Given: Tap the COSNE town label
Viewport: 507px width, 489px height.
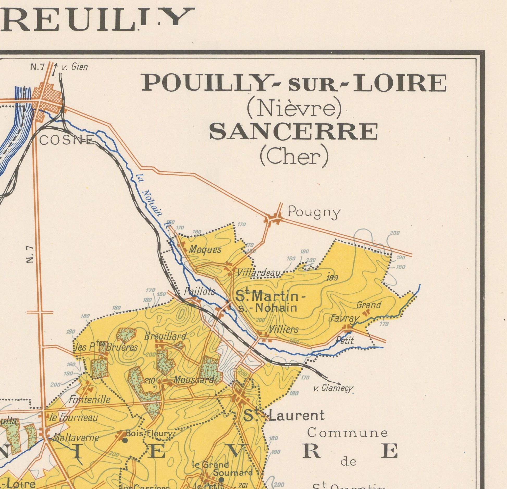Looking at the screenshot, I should [x=67, y=141].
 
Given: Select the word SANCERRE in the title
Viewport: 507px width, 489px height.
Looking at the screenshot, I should [x=294, y=132].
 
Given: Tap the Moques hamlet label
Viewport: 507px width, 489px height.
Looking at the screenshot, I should [x=205, y=250].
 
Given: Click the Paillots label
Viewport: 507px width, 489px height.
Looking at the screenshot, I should [x=199, y=291].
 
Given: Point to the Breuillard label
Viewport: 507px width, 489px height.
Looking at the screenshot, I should [x=165, y=336].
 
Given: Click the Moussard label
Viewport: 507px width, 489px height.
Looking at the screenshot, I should [x=194, y=380].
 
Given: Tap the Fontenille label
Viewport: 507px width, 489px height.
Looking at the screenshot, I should [x=89, y=399].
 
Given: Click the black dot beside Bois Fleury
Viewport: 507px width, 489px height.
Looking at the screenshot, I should [x=125, y=440].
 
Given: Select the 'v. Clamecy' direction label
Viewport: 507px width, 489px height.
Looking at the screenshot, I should [x=333, y=389].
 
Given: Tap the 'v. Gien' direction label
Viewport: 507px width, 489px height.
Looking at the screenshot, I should [x=74, y=67].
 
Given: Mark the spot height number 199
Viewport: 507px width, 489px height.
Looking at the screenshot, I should [x=332, y=278].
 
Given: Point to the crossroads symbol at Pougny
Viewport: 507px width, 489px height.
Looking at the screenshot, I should [x=273, y=218].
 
